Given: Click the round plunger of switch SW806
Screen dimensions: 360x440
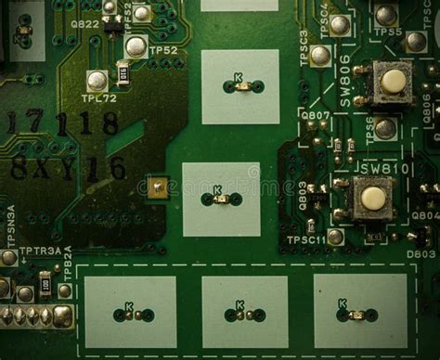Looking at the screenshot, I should [x=393, y=82].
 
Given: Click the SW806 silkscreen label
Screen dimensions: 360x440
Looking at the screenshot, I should [x=345, y=82].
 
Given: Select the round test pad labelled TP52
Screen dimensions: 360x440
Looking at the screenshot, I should [x=136, y=46].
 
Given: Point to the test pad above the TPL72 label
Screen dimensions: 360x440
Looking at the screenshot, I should [x=97, y=81].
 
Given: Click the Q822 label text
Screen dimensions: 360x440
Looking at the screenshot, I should [x=84, y=24].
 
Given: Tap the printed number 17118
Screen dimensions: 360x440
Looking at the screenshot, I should [x=62, y=122].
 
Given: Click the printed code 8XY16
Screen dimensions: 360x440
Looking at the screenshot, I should [x=67, y=168].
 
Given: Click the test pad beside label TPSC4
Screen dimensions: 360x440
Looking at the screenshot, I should [x=340, y=25].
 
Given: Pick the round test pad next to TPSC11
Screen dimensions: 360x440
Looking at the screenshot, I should [x=335, y=237].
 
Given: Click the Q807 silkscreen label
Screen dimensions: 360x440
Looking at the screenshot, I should [x=316, y=117].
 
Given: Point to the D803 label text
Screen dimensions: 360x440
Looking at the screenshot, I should [x=421, y=253].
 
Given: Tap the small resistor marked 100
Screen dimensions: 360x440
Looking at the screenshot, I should [x=45, y=283].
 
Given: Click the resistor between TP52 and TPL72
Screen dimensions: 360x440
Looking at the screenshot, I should [x=123, y=72].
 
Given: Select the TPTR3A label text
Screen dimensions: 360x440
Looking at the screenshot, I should [x=39, y=251].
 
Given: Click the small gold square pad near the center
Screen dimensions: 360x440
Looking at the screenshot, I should [x=158, y=188].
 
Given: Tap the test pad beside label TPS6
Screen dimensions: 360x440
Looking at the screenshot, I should [x=385, y=129].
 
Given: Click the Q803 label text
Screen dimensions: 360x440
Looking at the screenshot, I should [x=303, y=195].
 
